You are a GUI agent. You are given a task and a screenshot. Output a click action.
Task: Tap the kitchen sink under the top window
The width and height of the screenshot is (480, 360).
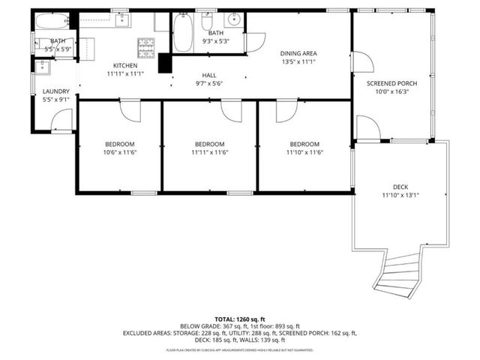pos(121,19)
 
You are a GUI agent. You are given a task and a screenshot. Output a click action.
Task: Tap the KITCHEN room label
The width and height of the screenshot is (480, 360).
pos(125,66)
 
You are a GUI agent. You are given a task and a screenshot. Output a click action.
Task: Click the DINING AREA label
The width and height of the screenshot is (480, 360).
pos(298,53)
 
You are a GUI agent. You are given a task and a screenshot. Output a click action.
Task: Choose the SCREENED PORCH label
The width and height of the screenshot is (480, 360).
pos(391,83)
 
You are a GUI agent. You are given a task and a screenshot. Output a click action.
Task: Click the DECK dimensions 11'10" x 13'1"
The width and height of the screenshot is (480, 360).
pos(400,196)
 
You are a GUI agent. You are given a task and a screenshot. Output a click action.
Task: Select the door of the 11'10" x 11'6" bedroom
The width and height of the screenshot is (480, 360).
pos(286,111)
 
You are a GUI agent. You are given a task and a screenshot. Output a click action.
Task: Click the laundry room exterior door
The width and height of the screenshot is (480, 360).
pos(63,121)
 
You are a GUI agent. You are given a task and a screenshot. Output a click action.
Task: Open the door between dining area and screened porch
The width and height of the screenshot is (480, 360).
pos(361,61)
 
